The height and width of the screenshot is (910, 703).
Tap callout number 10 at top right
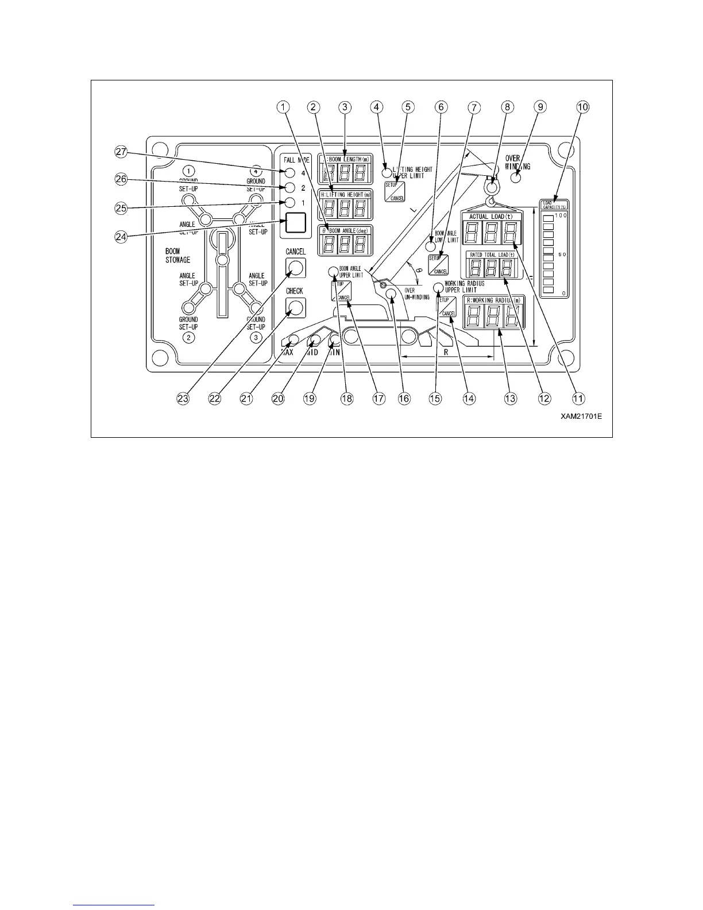[x=583, y=107]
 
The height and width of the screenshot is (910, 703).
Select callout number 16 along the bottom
[x=404, y=398]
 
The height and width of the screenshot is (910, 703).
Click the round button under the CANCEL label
[x=295, y=267]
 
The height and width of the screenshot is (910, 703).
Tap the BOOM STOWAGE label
[x=177, y=256]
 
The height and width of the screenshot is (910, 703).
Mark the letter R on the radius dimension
[x=446, y=352]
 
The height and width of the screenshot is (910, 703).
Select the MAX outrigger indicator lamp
[x=293, y=340]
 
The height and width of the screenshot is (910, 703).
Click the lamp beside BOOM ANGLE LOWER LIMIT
[x=430, y=247]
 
